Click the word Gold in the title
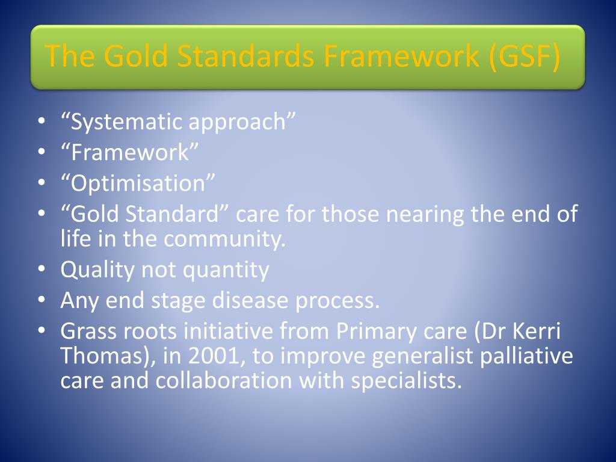[137, 55]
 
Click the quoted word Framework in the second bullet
[130, 152]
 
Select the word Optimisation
[138, 183]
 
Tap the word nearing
[425, 215]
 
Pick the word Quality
[97, 270]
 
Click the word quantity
[226, 270]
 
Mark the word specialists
[406, 381]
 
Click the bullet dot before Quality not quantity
[42, 270]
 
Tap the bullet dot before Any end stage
[42, 301]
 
